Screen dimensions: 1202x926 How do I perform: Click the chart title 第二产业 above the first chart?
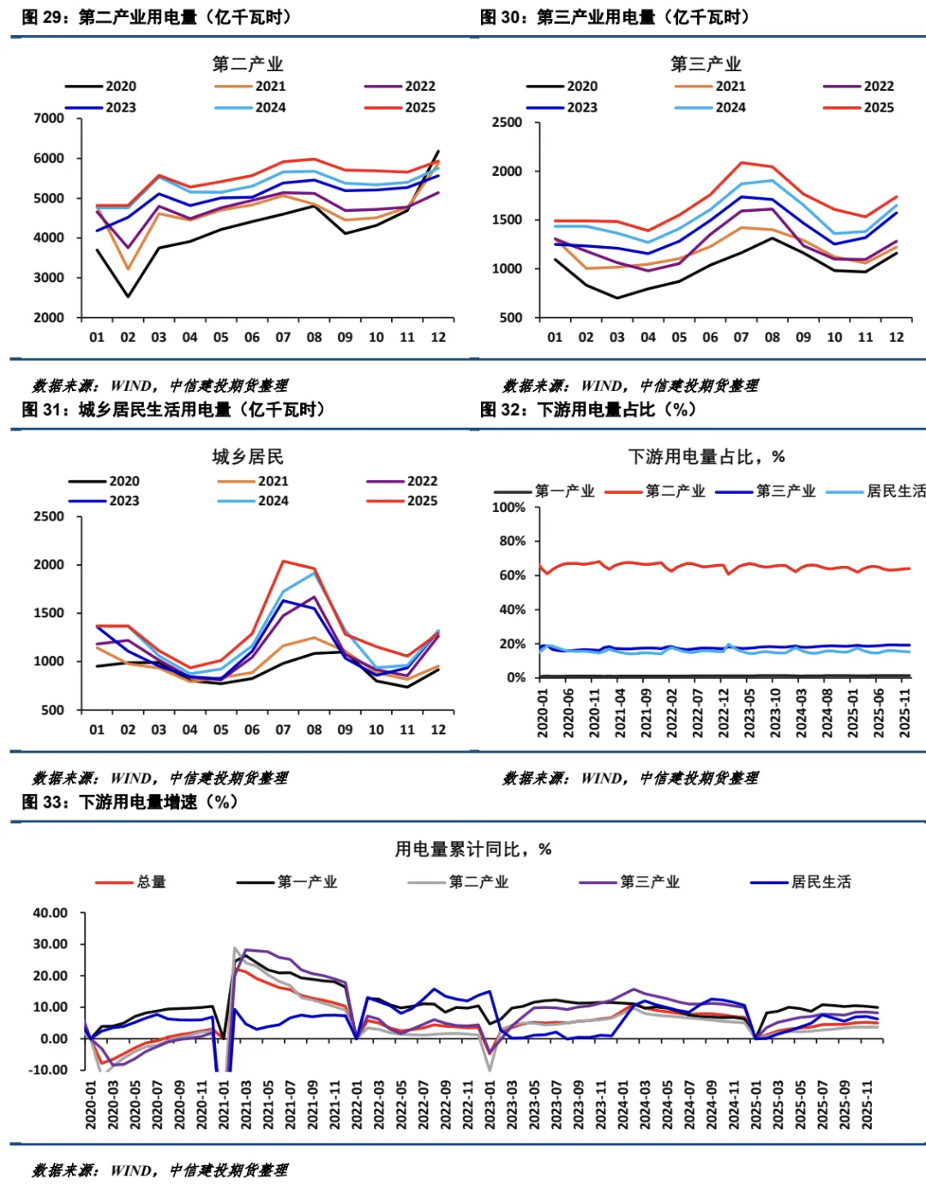point(247,64)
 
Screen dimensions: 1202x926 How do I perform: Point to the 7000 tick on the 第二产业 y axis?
point(49,118)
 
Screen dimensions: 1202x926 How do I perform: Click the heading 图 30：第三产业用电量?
point(614,17)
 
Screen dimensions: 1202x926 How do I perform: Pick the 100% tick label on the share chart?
point(508,508)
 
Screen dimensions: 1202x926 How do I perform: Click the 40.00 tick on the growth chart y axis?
point(51,913)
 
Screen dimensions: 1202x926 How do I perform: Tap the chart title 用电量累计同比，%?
point(472,849)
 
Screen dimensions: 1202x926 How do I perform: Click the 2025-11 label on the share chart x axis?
point(904,712)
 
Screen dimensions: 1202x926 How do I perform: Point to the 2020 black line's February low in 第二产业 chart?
point(128,297)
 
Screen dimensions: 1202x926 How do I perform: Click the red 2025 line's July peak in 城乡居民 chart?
point(283,562)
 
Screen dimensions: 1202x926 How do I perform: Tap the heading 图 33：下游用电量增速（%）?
point(129,802)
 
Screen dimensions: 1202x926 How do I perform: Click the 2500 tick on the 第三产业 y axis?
point(507,123)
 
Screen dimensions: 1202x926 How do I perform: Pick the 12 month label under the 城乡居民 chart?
point(438,730)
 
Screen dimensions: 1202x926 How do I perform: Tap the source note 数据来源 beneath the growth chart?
point(159,1170)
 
